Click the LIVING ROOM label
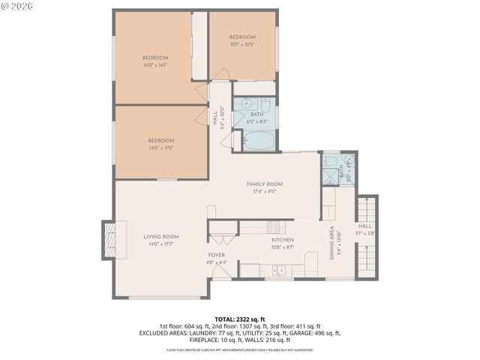161,236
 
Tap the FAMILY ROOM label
265,184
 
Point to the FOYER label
216,256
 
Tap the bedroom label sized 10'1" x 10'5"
242,37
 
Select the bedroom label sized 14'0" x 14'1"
155,58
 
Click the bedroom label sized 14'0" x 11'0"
160,141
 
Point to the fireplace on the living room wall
108,238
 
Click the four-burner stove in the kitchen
274,226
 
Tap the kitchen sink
279,271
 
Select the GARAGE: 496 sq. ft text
318,333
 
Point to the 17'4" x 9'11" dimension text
265,191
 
